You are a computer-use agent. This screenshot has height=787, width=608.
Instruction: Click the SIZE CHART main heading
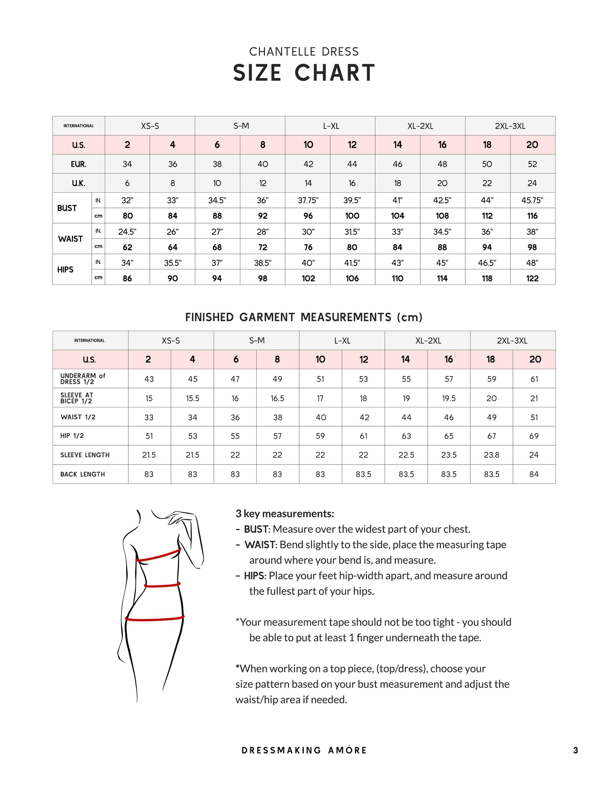pyautogui.click(x=304, y=73)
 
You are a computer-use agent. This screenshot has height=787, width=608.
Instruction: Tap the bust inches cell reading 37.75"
pyautogui.click(x=308, y=200)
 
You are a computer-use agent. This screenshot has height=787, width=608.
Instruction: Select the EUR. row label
pyautogui.click(x=78, y=164)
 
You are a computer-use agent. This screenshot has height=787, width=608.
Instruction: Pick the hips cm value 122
pyautogui.click(x=532, y=278)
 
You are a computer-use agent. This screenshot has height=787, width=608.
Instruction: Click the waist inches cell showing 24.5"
pyautogui.click(x=127, y=231)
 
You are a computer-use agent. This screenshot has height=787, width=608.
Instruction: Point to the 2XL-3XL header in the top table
pyautogui.click(x=510, y=126)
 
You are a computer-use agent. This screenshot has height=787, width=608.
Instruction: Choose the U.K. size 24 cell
pyautogui.click(x=532, y=183)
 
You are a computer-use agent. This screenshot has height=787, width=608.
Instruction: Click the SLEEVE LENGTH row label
pyautogui.click(x=85, y=455)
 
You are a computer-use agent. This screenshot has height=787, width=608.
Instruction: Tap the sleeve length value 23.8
pyautogui.click(x=491, y=455)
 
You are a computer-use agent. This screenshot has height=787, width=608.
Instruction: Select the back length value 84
pyautogui.click(x=534, y=474)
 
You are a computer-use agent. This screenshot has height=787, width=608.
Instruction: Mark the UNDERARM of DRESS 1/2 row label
pyautogui.click(x=82, y=379)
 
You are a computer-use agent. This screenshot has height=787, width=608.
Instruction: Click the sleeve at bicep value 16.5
pyautogui.click(x=277, y=398)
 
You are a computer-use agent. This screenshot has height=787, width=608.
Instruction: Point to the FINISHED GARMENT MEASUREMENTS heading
pyautogui.click(x=304, y=317)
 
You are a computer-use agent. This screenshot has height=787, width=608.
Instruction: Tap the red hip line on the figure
pyautogui.click(x=155, y=619)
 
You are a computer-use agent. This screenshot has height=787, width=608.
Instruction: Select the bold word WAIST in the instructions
pyautogui.click(x=260, y=545)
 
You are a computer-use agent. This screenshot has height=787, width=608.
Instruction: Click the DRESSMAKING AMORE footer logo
pyautogui.click(x=304, y=750)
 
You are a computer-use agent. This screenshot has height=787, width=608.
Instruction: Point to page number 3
pyautogui.click(x=576, y=750)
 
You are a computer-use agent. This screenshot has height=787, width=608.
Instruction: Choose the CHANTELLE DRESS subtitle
pyautogui.click(x=304, y=52)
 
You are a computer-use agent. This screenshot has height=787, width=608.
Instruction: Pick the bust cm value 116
pyautogui.click(x=532, y=216)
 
